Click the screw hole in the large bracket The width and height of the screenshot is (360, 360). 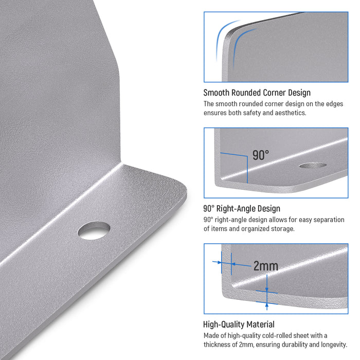click(94, 230)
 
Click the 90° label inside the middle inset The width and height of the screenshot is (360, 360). click(261, 155)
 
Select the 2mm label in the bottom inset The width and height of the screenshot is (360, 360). click(266, 266)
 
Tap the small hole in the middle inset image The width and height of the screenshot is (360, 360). click(313, 165)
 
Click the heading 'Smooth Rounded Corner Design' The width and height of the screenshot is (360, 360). click(257, 93)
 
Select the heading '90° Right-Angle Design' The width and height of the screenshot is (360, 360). click(242, 208)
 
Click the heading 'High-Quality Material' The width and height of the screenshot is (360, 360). click(239, 325)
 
